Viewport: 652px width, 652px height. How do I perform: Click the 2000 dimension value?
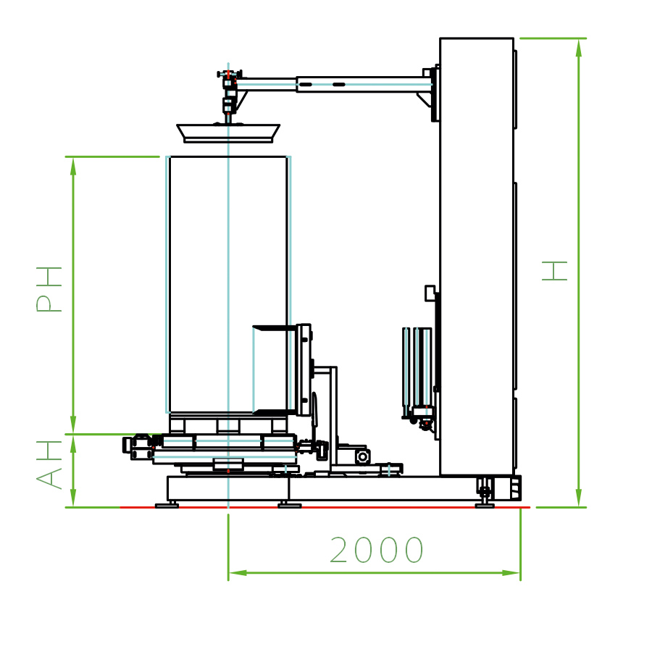376,551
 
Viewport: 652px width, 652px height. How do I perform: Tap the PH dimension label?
49,289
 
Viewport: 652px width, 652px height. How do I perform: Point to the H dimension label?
555,271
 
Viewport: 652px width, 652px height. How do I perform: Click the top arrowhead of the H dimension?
578,47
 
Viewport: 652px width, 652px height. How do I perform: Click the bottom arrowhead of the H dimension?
578,498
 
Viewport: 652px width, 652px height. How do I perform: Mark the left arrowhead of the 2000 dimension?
238,572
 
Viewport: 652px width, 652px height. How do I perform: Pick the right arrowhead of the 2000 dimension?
511,572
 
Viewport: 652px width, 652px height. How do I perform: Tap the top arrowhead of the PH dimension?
73,166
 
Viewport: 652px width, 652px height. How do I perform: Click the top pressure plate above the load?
228,133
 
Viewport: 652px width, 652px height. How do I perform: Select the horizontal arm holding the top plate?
333,84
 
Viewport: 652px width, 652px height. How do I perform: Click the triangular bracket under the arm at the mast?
425,99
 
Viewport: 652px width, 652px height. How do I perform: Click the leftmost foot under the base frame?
167,505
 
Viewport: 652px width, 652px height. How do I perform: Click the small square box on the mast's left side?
430,293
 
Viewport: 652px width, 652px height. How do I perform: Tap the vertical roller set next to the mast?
417,367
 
